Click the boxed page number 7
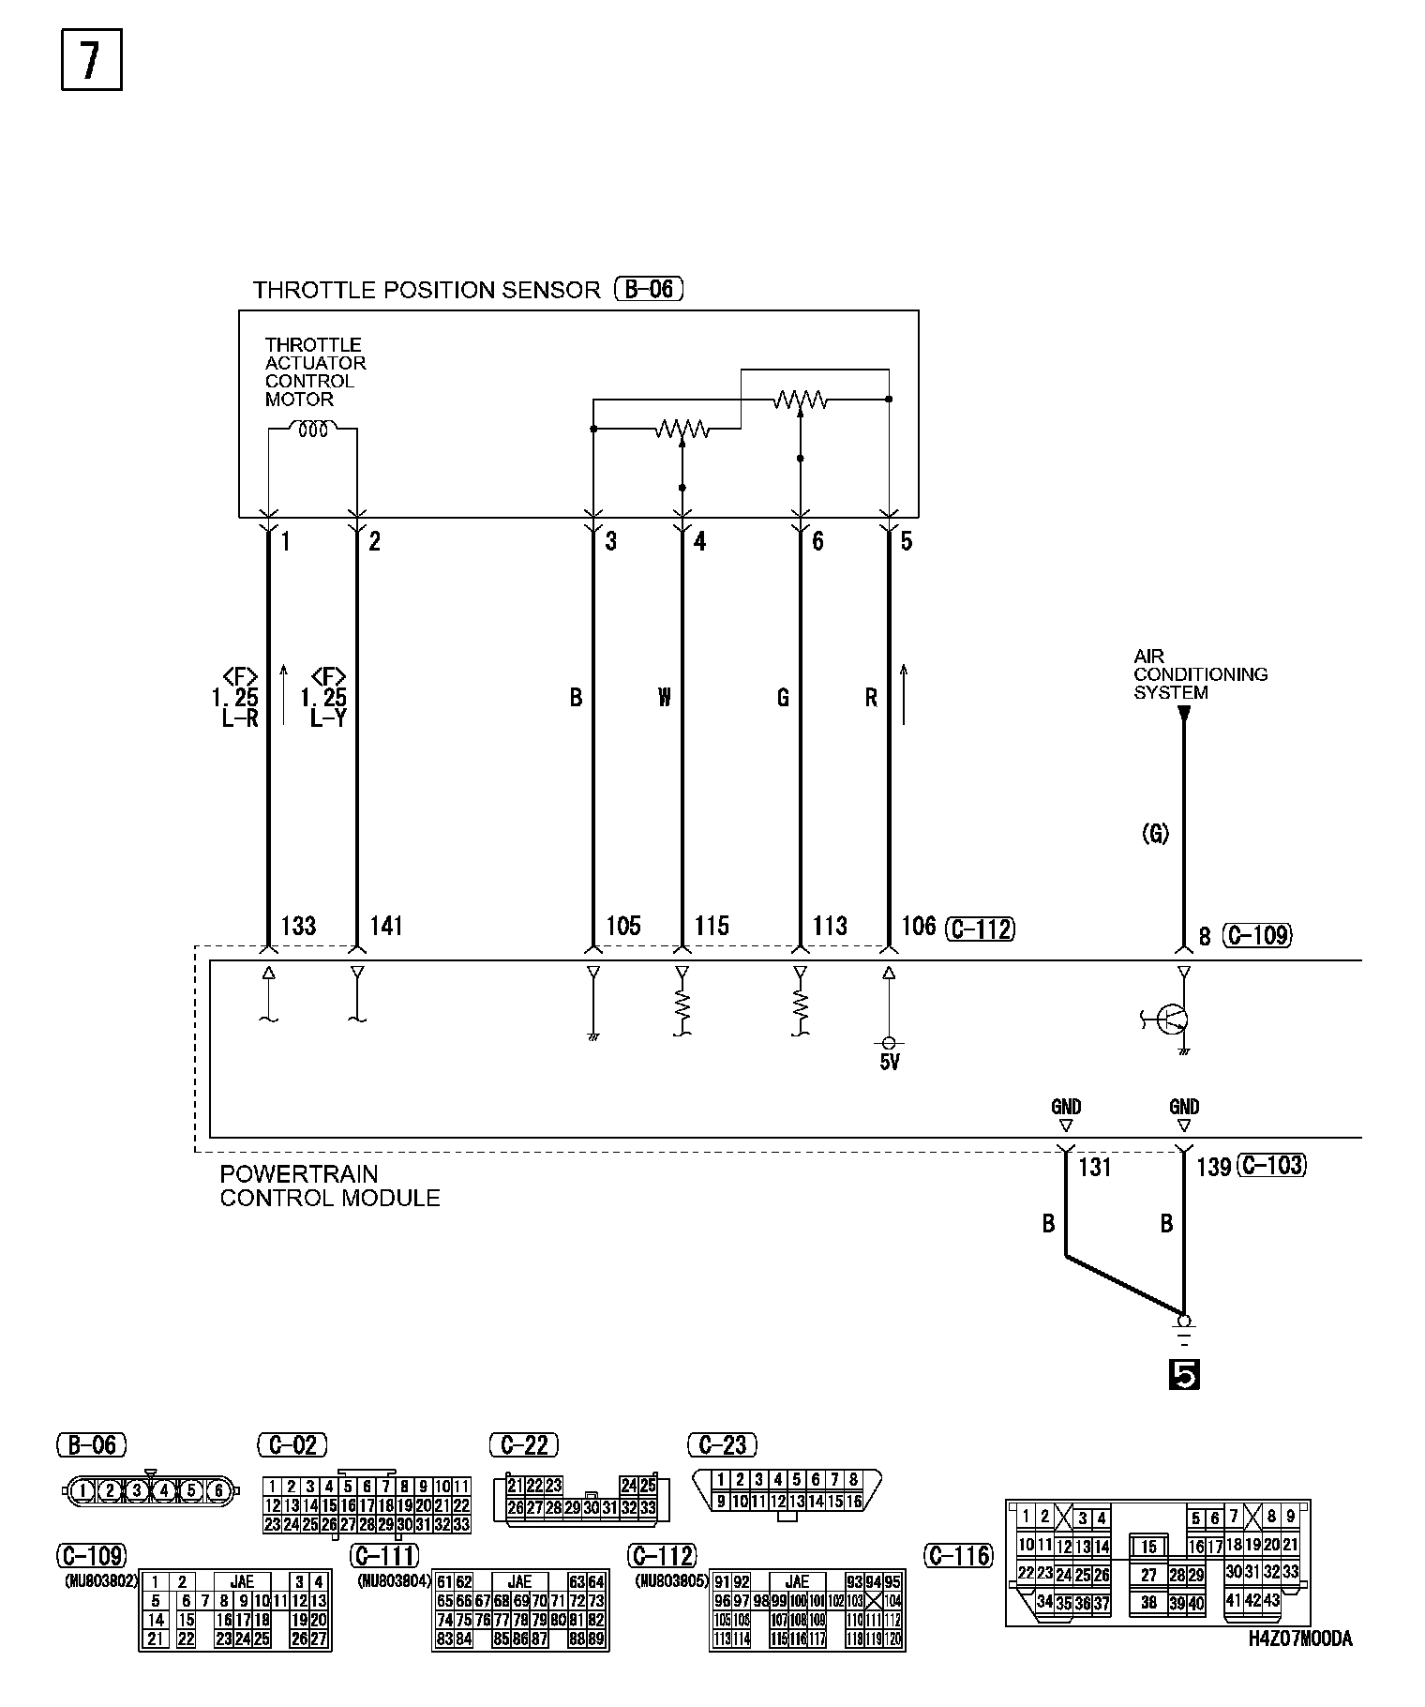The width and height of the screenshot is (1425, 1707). pyautogui.click(x=91, y=62)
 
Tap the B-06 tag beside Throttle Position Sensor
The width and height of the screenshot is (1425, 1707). pyautogui.click(x=649, y=289)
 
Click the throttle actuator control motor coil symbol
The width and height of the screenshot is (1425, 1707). pyautogui.click(x=312, y=430)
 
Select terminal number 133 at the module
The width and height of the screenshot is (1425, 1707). pyautogui.click(x=298, y=927)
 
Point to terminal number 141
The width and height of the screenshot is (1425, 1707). pyautogui.click(x=386, y=927)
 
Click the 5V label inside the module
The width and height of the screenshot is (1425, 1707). pyautogui.click(x=890, y=1063)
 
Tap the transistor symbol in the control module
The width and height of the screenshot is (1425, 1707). pyautogui.click(x=1172, y=1019)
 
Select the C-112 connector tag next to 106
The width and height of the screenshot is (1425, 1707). pyautogui.click(x=981, y=929)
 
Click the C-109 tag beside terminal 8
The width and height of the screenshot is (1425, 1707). pyautogui.click(x=1258, y=935)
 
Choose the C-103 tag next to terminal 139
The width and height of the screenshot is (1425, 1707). pyautogui.click(x=1272, y=1166)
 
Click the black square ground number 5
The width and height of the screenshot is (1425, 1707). pyautogui.click(x=1184, y=1375)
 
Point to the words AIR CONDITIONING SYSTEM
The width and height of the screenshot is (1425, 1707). pyautogui.click(x=1200, y=674)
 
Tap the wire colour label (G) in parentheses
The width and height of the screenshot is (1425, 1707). pyautogui.click(x=1155, y=833)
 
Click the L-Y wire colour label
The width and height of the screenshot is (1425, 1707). pyautogui.click(x=327, y=719)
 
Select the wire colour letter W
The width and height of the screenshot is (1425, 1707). pyautogui.click(x=665, y=697)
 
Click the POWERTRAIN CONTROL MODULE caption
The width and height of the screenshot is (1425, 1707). pyautogui.click(x=329, y=1186)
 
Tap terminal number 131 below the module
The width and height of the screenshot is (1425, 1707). pyautogui.click(x=1094, y=1167)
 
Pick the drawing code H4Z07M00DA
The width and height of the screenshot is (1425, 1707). pyautogui.click(x=1299, y=1666)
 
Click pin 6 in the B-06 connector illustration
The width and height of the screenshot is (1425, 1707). pyautogui.click(x=217, y=1489)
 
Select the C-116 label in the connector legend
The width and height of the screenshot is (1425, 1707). pyautogui.click(x=958, y=1556)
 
